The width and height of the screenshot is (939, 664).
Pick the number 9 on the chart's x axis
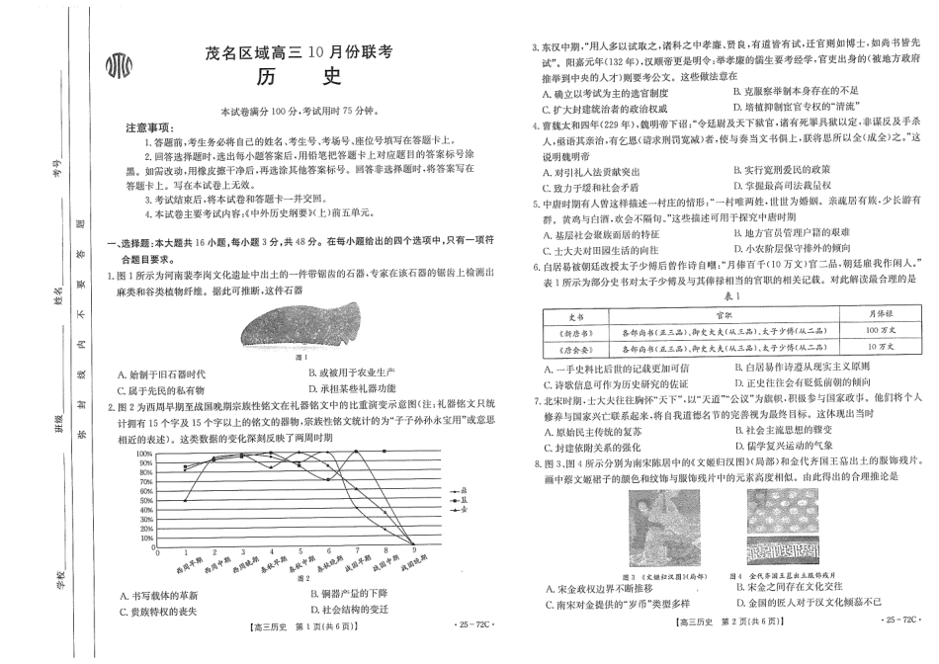coord(415,551)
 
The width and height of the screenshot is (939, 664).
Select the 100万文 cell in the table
coord(871,329)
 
